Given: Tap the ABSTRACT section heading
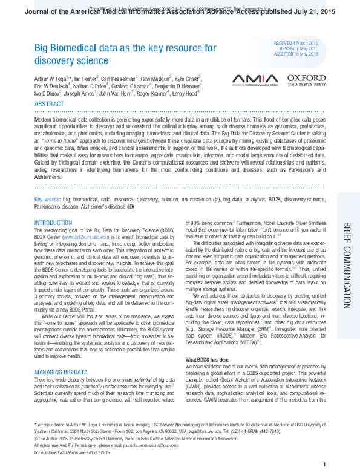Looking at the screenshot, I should click(x=49, y=105).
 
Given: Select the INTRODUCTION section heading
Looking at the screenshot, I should click(x=53, y=223).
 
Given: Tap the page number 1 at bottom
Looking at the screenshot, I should click(x=325, y=464).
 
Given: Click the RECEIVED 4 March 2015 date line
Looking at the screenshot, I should click(x=296, y=44).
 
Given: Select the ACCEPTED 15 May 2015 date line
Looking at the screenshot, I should click(x=296, y=54).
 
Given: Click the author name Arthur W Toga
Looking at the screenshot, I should click(x=52, y=79).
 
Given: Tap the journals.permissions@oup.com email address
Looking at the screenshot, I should click(x=158, y=445).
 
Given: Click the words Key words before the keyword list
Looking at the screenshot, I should click(x=47, y=199).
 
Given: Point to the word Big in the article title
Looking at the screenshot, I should click(x=41, y=48).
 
